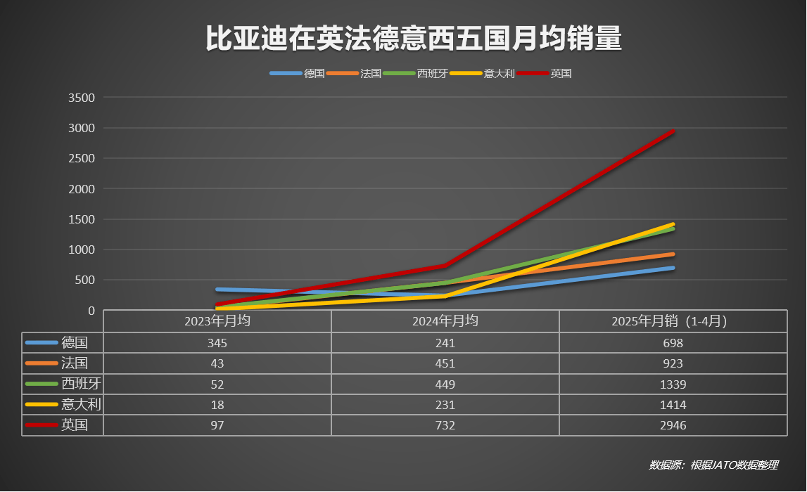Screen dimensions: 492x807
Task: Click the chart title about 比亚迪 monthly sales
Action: pos(414,39)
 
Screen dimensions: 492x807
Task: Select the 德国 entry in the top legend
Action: pos(314,73)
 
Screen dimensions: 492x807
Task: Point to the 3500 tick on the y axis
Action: pos(81,98)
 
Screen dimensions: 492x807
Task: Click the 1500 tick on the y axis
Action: pos(81,219)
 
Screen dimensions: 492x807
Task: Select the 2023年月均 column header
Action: pos(217,321)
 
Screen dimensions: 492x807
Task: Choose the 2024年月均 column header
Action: pos(445,321)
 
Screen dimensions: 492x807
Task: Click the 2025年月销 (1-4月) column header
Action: pos(673,321)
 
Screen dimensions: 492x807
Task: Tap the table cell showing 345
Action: pos(217,343)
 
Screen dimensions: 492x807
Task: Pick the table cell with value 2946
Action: pos(673,425)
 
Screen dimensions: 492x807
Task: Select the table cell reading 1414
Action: pos(673,405)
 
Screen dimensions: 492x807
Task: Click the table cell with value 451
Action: pos(445,363)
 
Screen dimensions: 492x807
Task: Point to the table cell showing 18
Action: pos(217,405)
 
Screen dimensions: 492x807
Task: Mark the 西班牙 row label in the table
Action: pos(77,384)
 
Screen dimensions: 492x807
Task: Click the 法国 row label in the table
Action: pos(75,363)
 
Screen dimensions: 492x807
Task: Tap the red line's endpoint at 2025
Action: pos(673,131)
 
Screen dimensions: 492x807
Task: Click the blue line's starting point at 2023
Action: pos(217,290)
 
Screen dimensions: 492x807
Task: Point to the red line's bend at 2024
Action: pos(445,266)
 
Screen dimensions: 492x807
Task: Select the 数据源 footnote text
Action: pos(713,465)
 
